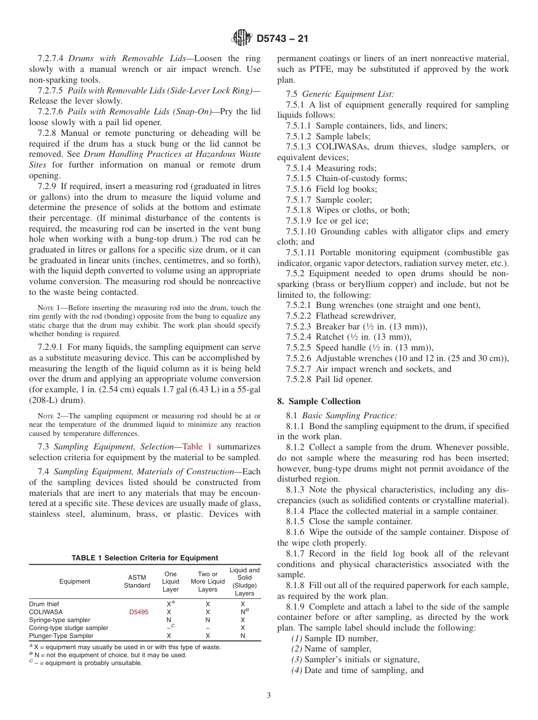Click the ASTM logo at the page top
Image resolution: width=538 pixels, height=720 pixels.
coord(242,38)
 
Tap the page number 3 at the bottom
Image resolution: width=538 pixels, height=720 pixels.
coord(269,695)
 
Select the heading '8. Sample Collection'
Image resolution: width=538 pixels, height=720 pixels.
coord(318,401)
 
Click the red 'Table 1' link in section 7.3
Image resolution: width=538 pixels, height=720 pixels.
coord(197,447)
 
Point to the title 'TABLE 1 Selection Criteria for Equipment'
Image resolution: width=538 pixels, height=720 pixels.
coord(144,558)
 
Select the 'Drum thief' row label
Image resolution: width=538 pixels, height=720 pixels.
coord(44,604)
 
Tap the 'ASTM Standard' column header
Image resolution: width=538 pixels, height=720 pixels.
coord(137,581)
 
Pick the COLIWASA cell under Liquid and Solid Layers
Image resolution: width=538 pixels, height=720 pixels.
coord(244,612)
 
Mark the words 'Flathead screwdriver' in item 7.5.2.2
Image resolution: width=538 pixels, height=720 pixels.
coord(356,316)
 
